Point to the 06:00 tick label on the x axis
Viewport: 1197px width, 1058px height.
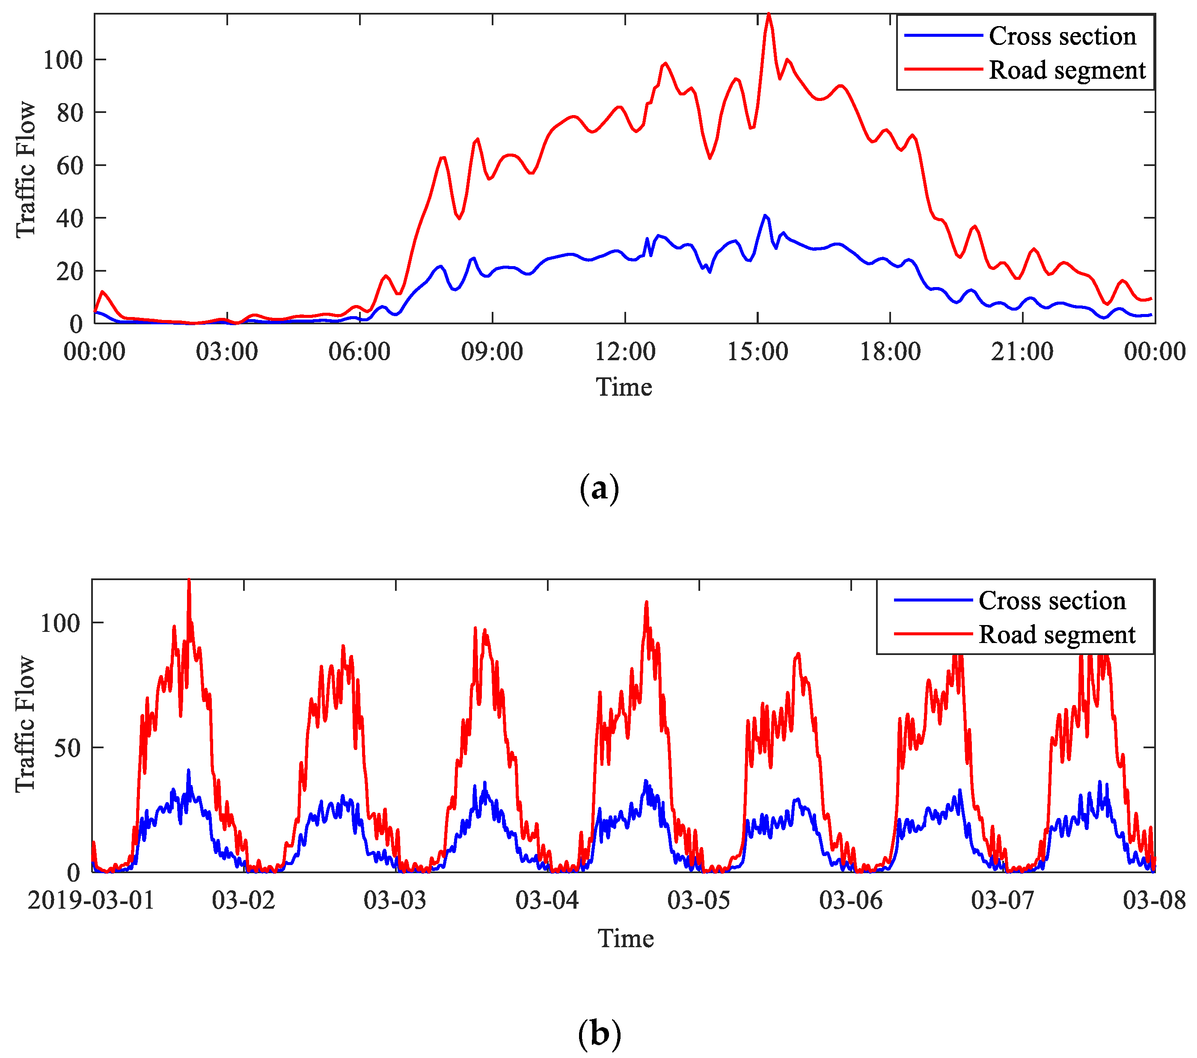point(359,352)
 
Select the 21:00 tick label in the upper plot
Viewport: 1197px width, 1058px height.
point(1022,352)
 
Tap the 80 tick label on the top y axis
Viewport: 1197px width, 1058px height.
point(70,113)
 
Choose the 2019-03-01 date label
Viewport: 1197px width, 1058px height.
point(91,900)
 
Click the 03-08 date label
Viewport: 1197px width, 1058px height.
point(1154,900)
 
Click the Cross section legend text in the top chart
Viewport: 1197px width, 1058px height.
point(1062,36)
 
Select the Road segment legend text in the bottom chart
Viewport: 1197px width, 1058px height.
point(1057,635)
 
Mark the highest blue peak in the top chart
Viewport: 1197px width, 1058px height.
point(765,216)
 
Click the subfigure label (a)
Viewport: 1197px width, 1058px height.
point(598,488)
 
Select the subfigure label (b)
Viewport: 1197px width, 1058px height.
point(598,1034)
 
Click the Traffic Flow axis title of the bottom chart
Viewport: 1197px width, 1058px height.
point(24,724)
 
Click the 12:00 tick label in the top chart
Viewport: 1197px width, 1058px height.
point(625,352)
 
